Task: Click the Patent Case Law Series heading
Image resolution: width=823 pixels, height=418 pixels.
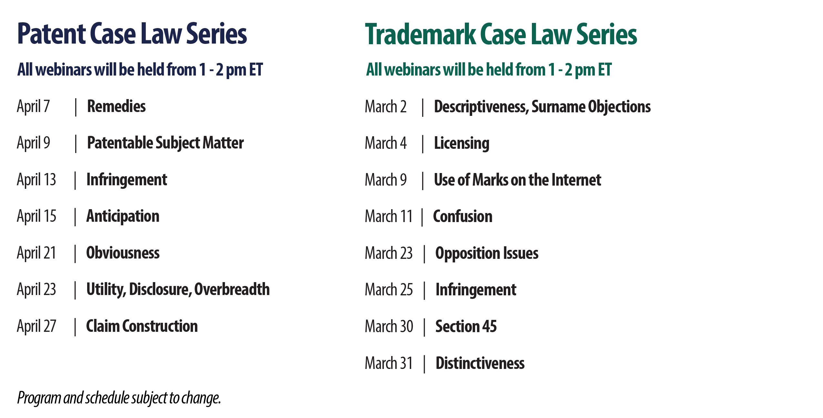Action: point(132,34)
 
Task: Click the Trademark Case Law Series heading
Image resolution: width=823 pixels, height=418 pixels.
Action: point(501,35)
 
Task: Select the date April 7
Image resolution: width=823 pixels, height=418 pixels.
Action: point(33,106)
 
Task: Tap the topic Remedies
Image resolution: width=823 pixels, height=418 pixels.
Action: point(116,106)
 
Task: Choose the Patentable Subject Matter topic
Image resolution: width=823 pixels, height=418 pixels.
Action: point(165,143)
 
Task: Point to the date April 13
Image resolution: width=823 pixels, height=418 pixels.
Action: point(36,179)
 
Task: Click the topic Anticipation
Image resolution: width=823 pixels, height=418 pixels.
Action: point(123,216)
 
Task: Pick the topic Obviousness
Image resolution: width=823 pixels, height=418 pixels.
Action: point(123,253)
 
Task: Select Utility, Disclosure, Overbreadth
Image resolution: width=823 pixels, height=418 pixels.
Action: point(178,289)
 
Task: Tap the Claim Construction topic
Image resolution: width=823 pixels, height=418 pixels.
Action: point(142,326)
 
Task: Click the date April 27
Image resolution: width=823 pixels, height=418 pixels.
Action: point(36,326)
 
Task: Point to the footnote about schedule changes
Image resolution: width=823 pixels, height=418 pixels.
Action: point(119,398)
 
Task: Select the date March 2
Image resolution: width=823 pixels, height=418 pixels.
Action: point(385,107)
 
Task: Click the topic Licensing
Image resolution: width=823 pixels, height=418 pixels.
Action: point(462,143)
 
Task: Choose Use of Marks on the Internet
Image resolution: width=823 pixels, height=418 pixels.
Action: point(517,180)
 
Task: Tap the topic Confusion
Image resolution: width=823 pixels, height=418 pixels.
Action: point(462,216)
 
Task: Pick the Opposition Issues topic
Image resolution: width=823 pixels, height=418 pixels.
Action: point(487,253)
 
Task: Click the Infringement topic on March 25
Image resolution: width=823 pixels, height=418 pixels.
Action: point(476,290)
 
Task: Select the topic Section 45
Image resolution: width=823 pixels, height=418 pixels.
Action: point(466,326)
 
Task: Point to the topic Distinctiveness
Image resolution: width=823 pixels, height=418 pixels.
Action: point(480,363)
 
